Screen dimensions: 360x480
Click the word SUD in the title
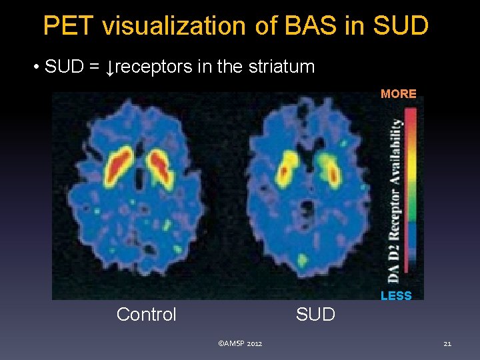click(x=399, y=26)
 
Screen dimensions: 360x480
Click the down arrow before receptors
click(x=111, y=67)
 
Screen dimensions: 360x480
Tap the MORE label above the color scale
click(x=398, y=94)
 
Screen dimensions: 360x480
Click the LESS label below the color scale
click(x=396, y=295)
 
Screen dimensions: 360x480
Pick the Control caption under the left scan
click(x=146, y=314)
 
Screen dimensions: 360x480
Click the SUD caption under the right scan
click(x=315, y=314)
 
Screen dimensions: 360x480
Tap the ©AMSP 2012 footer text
click(x=240, y=343)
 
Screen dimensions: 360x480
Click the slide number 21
click(x=447, y=343)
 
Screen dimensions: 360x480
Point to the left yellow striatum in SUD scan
click(x=287, y=166)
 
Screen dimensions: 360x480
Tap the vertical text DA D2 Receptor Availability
click(x=396, y=200)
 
